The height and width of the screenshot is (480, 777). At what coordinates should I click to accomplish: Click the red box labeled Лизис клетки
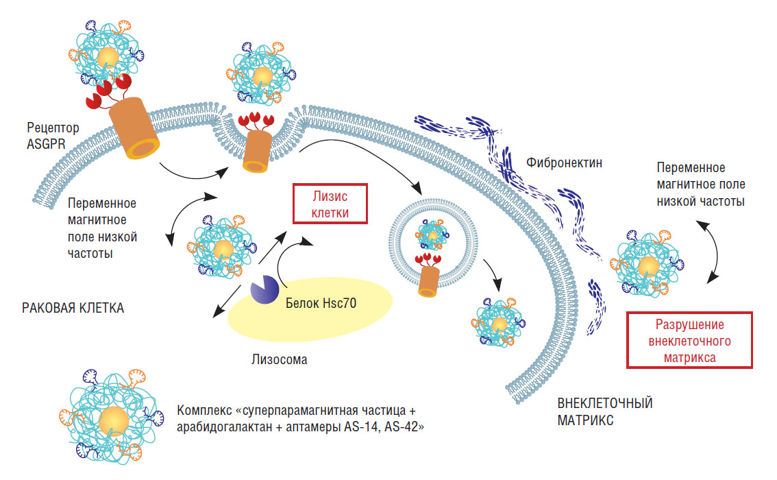click(330, 204)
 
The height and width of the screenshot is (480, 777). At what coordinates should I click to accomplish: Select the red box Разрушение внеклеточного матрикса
click(690, 340)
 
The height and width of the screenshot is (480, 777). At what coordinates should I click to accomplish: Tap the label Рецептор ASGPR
click(53, 134)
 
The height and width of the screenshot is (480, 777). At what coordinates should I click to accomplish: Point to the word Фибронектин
click(560, 163)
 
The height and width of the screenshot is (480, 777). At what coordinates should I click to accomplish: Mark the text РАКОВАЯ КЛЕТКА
click(73, 308)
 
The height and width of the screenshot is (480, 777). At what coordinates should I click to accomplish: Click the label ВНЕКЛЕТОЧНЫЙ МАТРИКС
click(604, 411)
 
